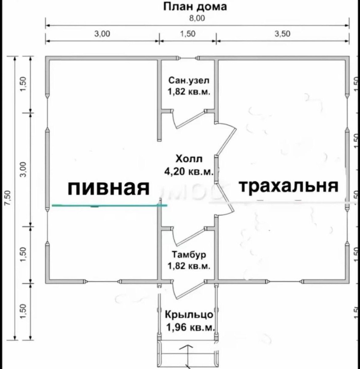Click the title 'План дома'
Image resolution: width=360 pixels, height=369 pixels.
click(195, 6)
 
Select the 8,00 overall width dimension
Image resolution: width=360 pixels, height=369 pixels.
click(197, 18)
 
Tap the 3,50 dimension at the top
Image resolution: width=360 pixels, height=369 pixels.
click(282, 34)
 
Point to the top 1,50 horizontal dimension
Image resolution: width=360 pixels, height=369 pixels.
click(187, 34)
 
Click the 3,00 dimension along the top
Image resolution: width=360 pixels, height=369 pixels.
click(102, 34)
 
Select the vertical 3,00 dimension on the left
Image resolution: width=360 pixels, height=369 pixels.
click(24, 169)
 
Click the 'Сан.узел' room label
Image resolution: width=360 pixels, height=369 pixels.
click(189, 81)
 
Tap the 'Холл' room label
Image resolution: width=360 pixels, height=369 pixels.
click(189, 159)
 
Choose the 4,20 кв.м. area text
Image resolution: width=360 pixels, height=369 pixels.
click(189, 171)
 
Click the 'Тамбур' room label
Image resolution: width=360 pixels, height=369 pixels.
click(189, 255)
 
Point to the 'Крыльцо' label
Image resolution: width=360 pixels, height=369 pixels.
click(189, 315)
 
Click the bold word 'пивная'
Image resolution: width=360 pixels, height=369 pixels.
click(108, 188)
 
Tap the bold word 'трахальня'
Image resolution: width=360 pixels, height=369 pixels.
click(288, 186)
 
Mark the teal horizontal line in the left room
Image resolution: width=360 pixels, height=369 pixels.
click(109, 205)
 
